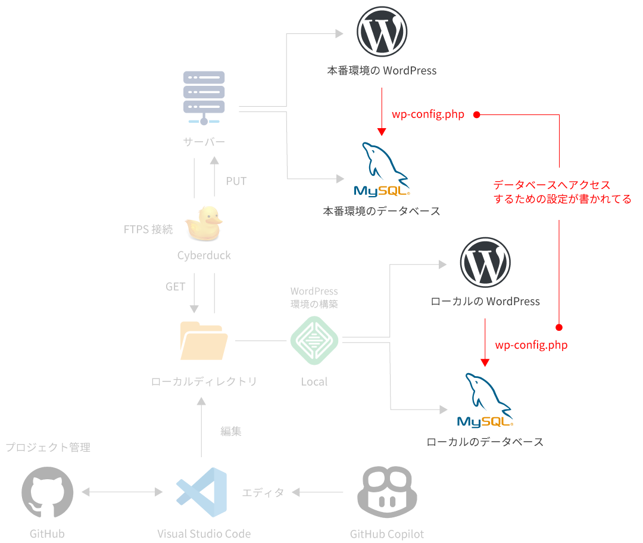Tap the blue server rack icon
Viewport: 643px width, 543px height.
(x=204, y=97)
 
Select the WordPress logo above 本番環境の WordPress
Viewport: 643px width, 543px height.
(x=382, y=32)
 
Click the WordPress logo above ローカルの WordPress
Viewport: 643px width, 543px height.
(x=485, y=263)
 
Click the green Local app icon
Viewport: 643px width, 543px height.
(x=314, y=341)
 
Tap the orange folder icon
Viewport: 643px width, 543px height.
(x=204, y=341)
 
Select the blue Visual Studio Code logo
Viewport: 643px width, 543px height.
(x=201, y=493)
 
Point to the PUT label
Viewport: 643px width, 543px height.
(x=236, y=181)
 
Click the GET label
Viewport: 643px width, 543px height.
(x=176, y=287)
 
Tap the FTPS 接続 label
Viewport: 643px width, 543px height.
(x=148, y=229)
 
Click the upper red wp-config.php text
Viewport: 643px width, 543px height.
(x=427, y=114)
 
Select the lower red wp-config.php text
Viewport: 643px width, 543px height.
(x=531, y=345)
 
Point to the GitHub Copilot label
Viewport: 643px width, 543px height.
(x=387, y=534)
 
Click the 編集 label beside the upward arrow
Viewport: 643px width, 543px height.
(x=231, y=432)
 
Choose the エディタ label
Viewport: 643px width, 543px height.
(x=263, y=492)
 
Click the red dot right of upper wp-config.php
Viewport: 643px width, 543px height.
(x=477, y=114)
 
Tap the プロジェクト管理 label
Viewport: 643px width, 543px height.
(x=48, y=447)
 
